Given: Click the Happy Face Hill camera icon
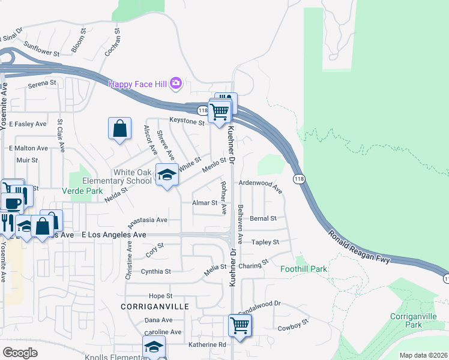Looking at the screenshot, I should [x=176, y=83].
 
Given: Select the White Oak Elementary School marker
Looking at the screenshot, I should [x=167, y=175].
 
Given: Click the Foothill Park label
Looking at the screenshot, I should [x=304, y=269].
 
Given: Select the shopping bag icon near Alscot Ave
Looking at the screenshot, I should [x=119, y=128].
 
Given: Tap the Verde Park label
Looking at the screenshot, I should [x=83, y=191].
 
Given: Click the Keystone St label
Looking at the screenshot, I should [x=187, y=121].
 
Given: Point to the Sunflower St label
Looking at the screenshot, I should [x=42, y=48].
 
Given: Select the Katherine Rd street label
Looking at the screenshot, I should [x=206, y=344].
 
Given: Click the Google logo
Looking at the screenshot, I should [x=20, y=353].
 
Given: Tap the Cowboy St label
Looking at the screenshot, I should [x=292, y=325].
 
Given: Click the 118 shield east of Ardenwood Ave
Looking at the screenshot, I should [x=298, y=179].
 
